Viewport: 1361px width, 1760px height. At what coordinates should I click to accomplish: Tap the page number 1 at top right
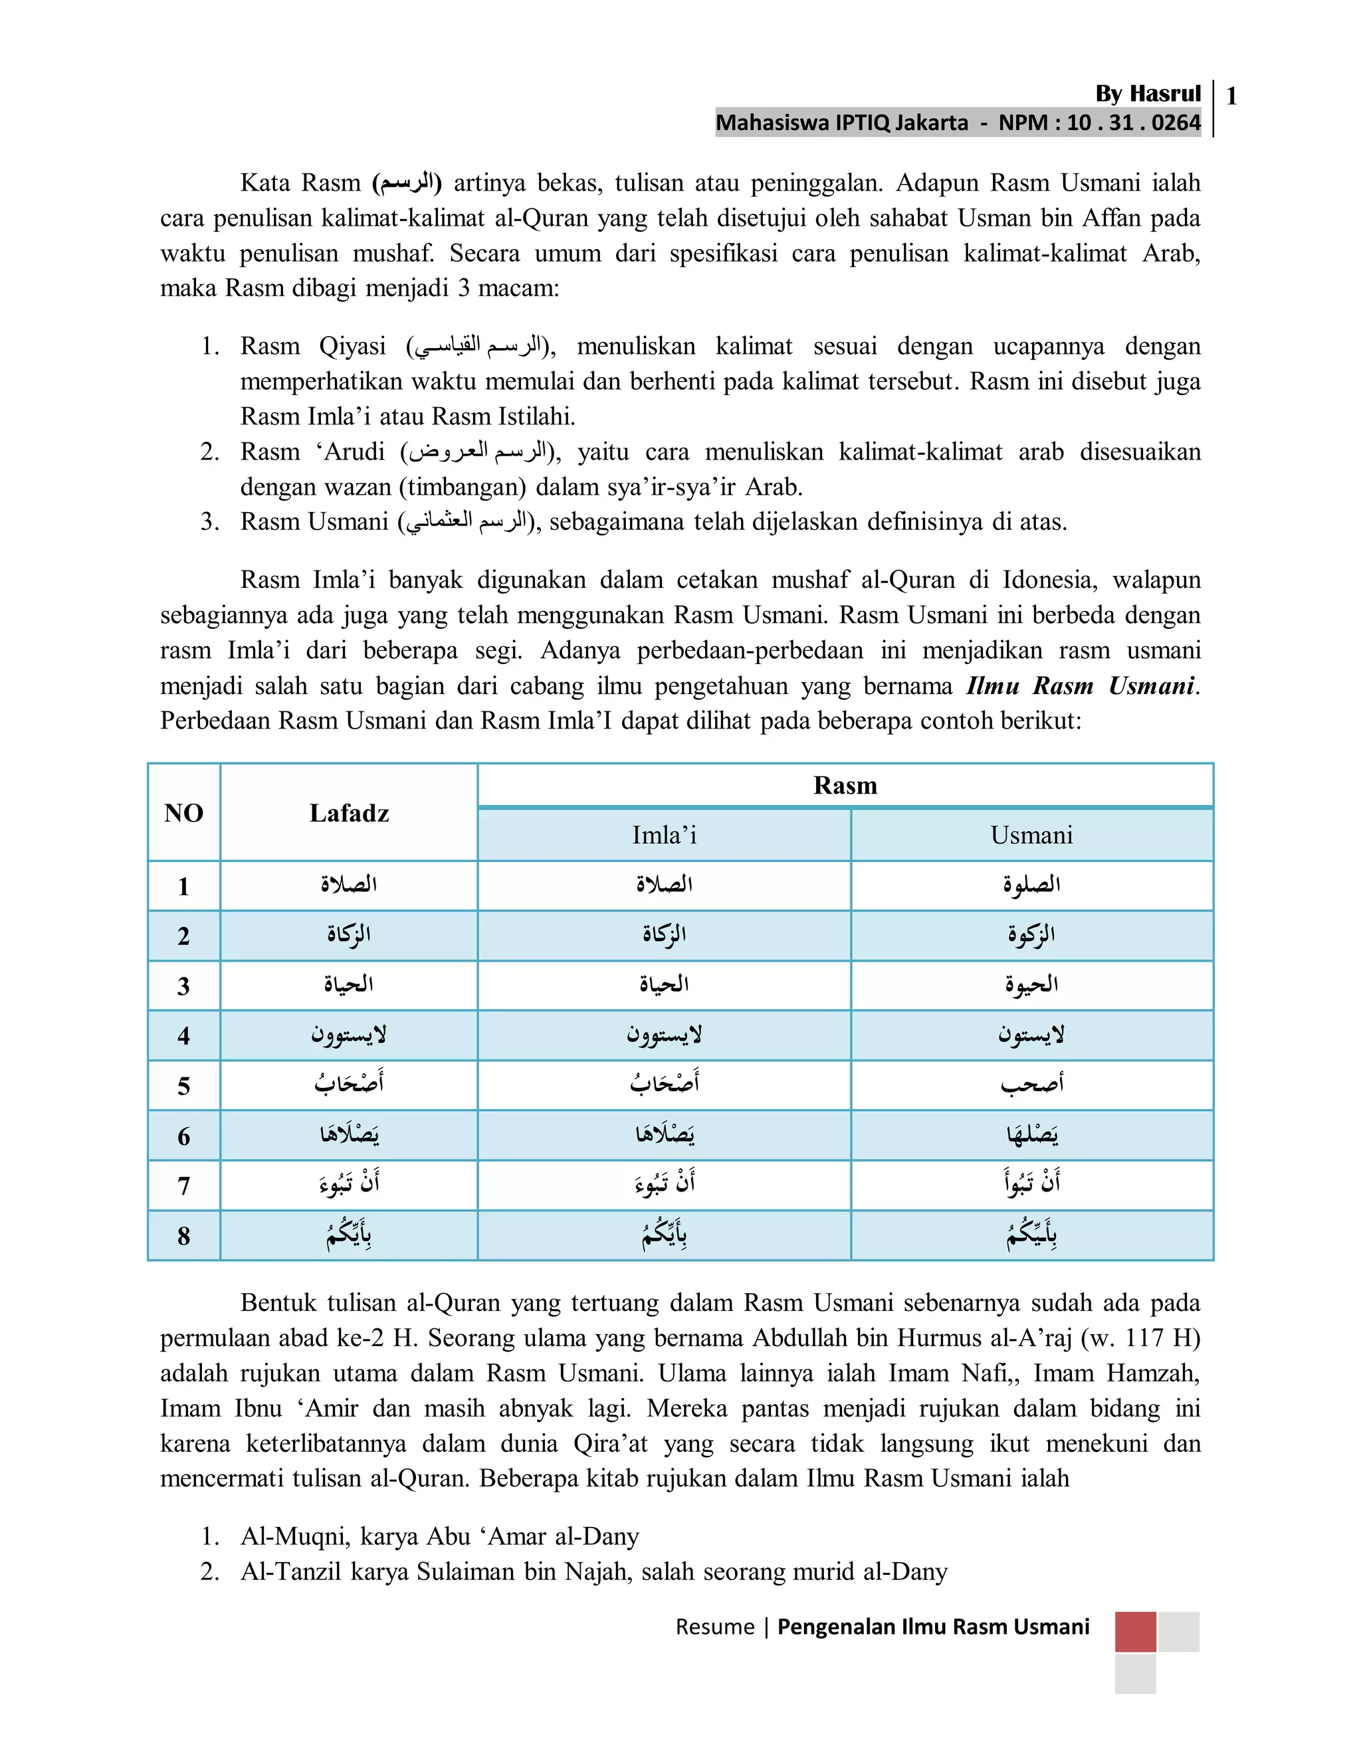1231,97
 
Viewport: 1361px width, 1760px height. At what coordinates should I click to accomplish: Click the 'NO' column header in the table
184,812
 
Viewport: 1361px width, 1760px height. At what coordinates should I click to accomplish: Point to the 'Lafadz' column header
349,812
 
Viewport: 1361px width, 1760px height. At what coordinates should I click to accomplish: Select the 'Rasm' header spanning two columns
845,785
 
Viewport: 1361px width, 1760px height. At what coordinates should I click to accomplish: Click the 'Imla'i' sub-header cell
664,835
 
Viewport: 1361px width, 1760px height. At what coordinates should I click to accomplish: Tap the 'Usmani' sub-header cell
1031,835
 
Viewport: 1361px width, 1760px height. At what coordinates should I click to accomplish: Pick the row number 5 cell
184,1085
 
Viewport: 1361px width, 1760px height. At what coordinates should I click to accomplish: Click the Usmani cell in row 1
1031,885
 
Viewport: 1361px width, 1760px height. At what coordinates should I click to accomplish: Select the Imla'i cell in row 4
664,1035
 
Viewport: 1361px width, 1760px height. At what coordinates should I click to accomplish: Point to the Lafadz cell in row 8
349,1235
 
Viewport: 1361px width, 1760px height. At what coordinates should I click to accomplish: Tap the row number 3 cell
184,986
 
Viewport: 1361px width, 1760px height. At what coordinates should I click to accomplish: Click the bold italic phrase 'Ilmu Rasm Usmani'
1081,686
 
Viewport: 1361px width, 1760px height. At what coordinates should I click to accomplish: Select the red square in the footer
1135,1632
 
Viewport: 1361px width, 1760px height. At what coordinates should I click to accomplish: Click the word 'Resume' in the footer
714,1627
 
